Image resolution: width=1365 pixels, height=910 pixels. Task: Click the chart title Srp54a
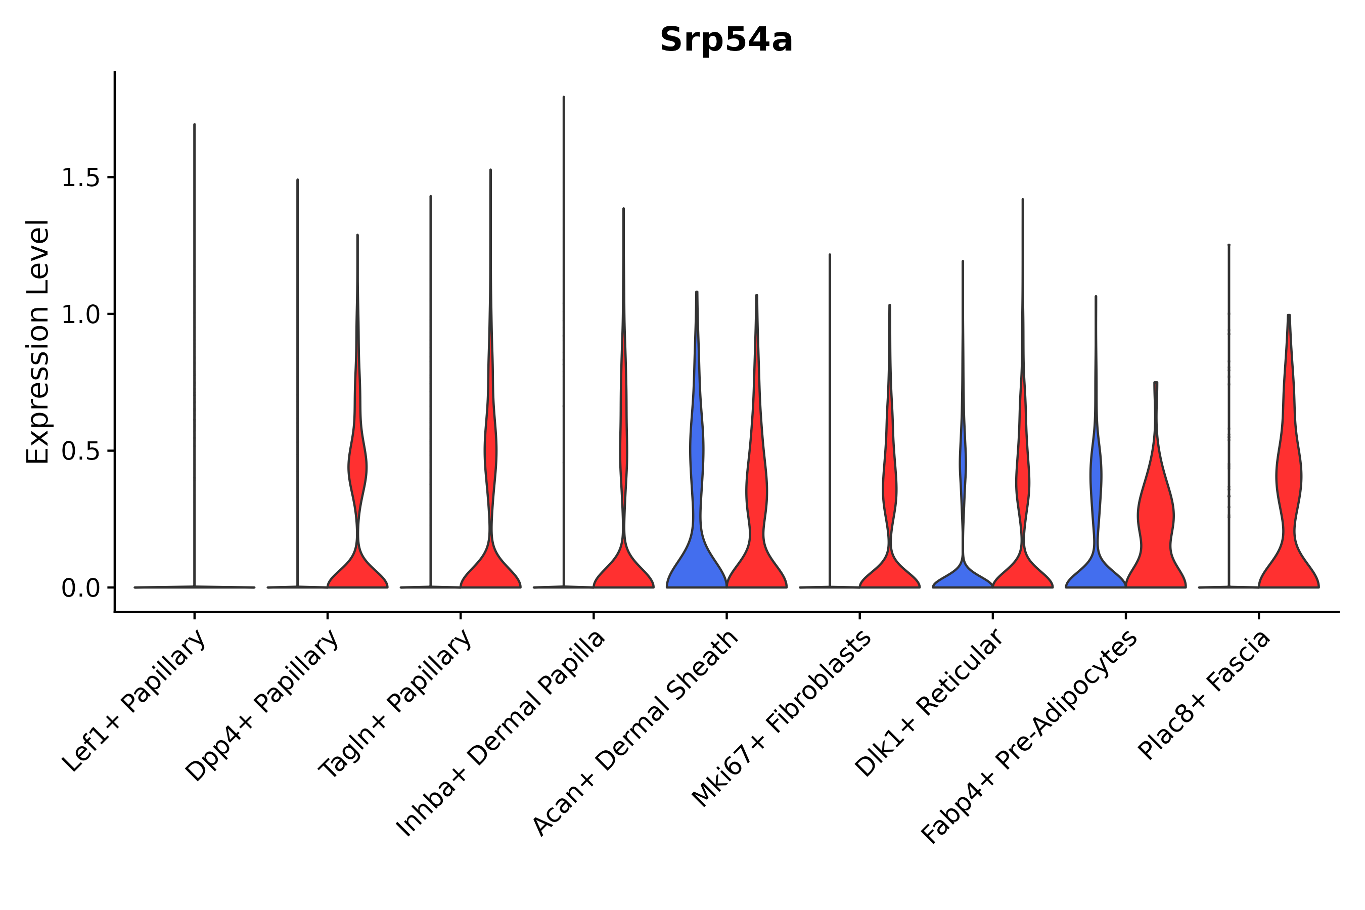(725, 40)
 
